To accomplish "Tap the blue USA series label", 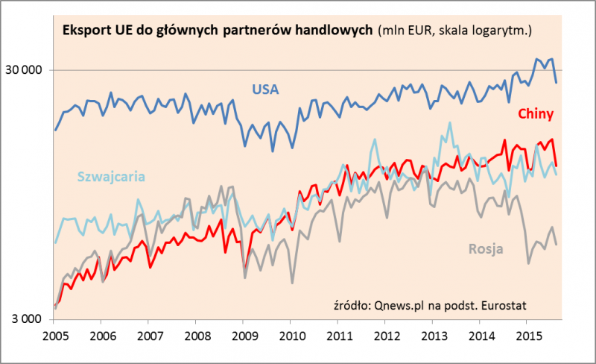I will tap(264, 90).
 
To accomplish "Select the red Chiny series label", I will tap(534, 114).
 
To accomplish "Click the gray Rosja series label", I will tap(486, 248).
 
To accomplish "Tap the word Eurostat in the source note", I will tap(508, 304).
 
